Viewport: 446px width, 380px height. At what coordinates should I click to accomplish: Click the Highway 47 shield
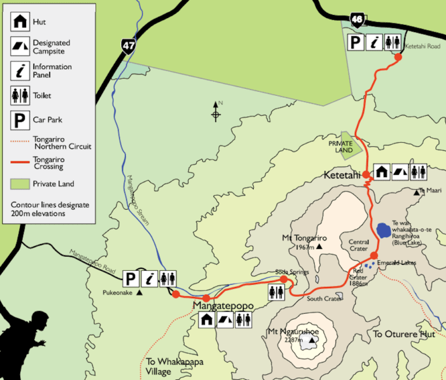[x=127, y=47]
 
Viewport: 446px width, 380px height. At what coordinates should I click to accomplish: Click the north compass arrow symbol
[x=216, y=111]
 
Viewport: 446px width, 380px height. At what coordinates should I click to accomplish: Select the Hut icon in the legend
[x=20, y=22]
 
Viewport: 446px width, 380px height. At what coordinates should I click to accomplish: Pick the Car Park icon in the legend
[x=20, y=120]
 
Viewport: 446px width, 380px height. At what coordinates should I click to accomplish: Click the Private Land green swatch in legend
[x=20, y=184]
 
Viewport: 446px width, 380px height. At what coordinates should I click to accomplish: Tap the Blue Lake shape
[x=383, y=231]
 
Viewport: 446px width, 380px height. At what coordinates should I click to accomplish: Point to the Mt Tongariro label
[x=304, y=238]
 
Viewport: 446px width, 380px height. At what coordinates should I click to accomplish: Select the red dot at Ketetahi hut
[x=366, y=174]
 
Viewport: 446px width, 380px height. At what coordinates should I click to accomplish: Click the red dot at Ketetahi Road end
[x=398, y=56]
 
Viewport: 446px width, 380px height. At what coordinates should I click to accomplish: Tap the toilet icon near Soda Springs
[x=276, y=292]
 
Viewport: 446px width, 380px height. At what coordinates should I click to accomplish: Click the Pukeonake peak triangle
[x=139, y=292]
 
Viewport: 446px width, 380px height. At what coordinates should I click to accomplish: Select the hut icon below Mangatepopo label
[x=207, y=318]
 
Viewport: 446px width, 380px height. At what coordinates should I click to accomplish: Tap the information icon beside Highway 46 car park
[x=375, y=42]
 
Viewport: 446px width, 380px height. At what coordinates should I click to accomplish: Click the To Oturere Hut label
[x=404, y=334]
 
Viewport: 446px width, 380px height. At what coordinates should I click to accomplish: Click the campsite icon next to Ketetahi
[x=400, y=171]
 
